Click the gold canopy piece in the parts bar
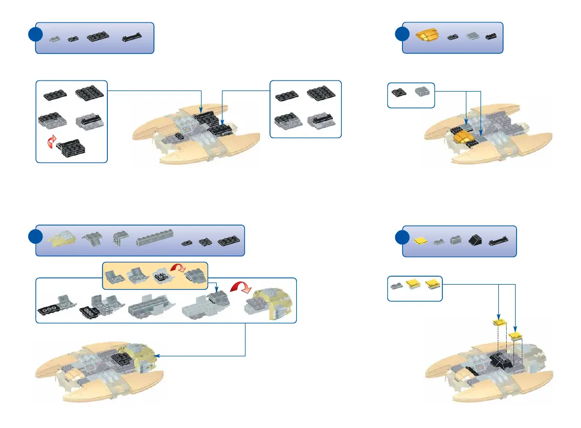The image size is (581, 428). (x=428, y=36)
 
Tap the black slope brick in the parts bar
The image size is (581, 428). (x=475, y=241)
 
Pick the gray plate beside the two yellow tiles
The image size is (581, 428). (x=396, y=285)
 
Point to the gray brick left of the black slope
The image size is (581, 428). (x=455, y=241)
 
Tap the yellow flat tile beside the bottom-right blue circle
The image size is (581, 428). (x=419, y=241)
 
